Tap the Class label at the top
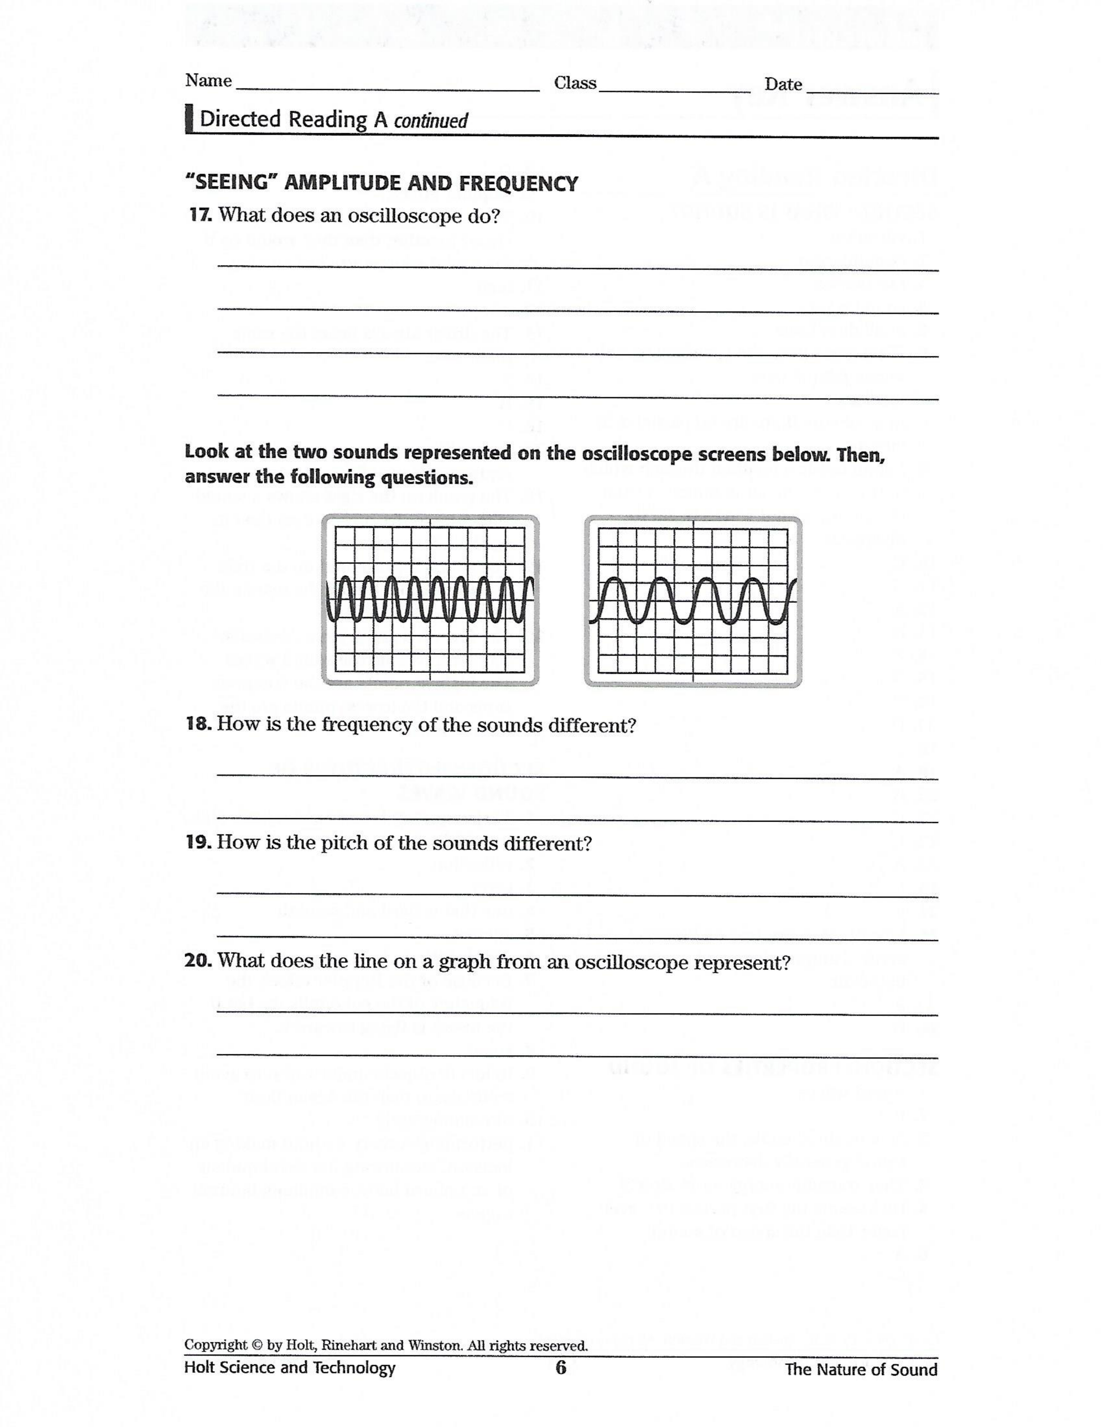574,83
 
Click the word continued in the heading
431,121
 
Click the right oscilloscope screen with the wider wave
693,601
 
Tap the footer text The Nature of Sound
861,1369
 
